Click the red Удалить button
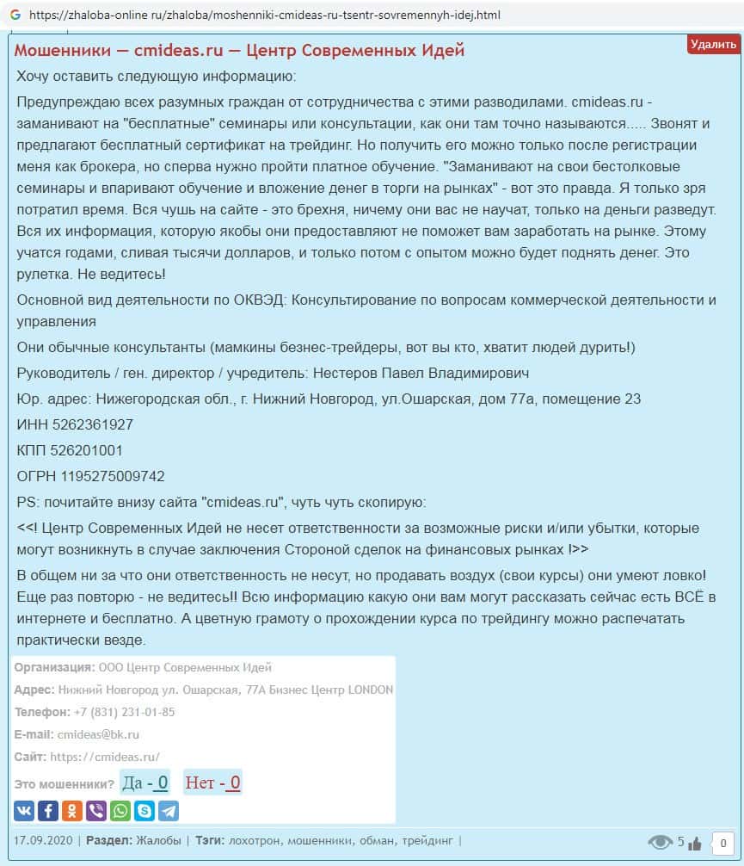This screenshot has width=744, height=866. point(713,45)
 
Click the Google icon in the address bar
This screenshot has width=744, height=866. point(15,15)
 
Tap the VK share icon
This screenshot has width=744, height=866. point(23,810)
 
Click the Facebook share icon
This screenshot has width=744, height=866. point(48,810)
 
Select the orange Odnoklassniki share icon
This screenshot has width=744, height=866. point(72,810)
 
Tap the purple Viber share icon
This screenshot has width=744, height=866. point(96,810)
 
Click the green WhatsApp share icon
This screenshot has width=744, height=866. point(120,810)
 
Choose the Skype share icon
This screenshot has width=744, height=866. point(144,810)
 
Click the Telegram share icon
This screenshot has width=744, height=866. point(169,810)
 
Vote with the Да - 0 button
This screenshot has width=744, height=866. point(144,782)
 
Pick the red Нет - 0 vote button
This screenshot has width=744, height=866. point(212,782)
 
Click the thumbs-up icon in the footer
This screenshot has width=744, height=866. point(696,843)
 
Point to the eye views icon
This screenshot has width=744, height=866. point(661,843)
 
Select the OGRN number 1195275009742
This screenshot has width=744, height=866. point(110,476)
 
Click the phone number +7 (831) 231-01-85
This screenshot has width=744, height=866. point(125,712)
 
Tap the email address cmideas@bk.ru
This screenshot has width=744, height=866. point(98,734)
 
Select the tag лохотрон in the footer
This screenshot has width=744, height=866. point(255,840)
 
